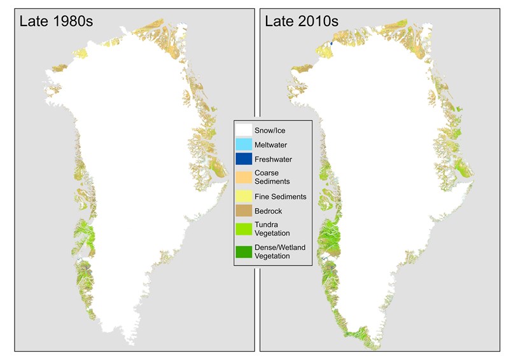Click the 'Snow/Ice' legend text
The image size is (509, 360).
[x=270, y=131]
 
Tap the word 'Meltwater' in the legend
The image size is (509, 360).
[x=272, y=145]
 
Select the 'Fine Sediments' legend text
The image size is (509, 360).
[x=280, y=197]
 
